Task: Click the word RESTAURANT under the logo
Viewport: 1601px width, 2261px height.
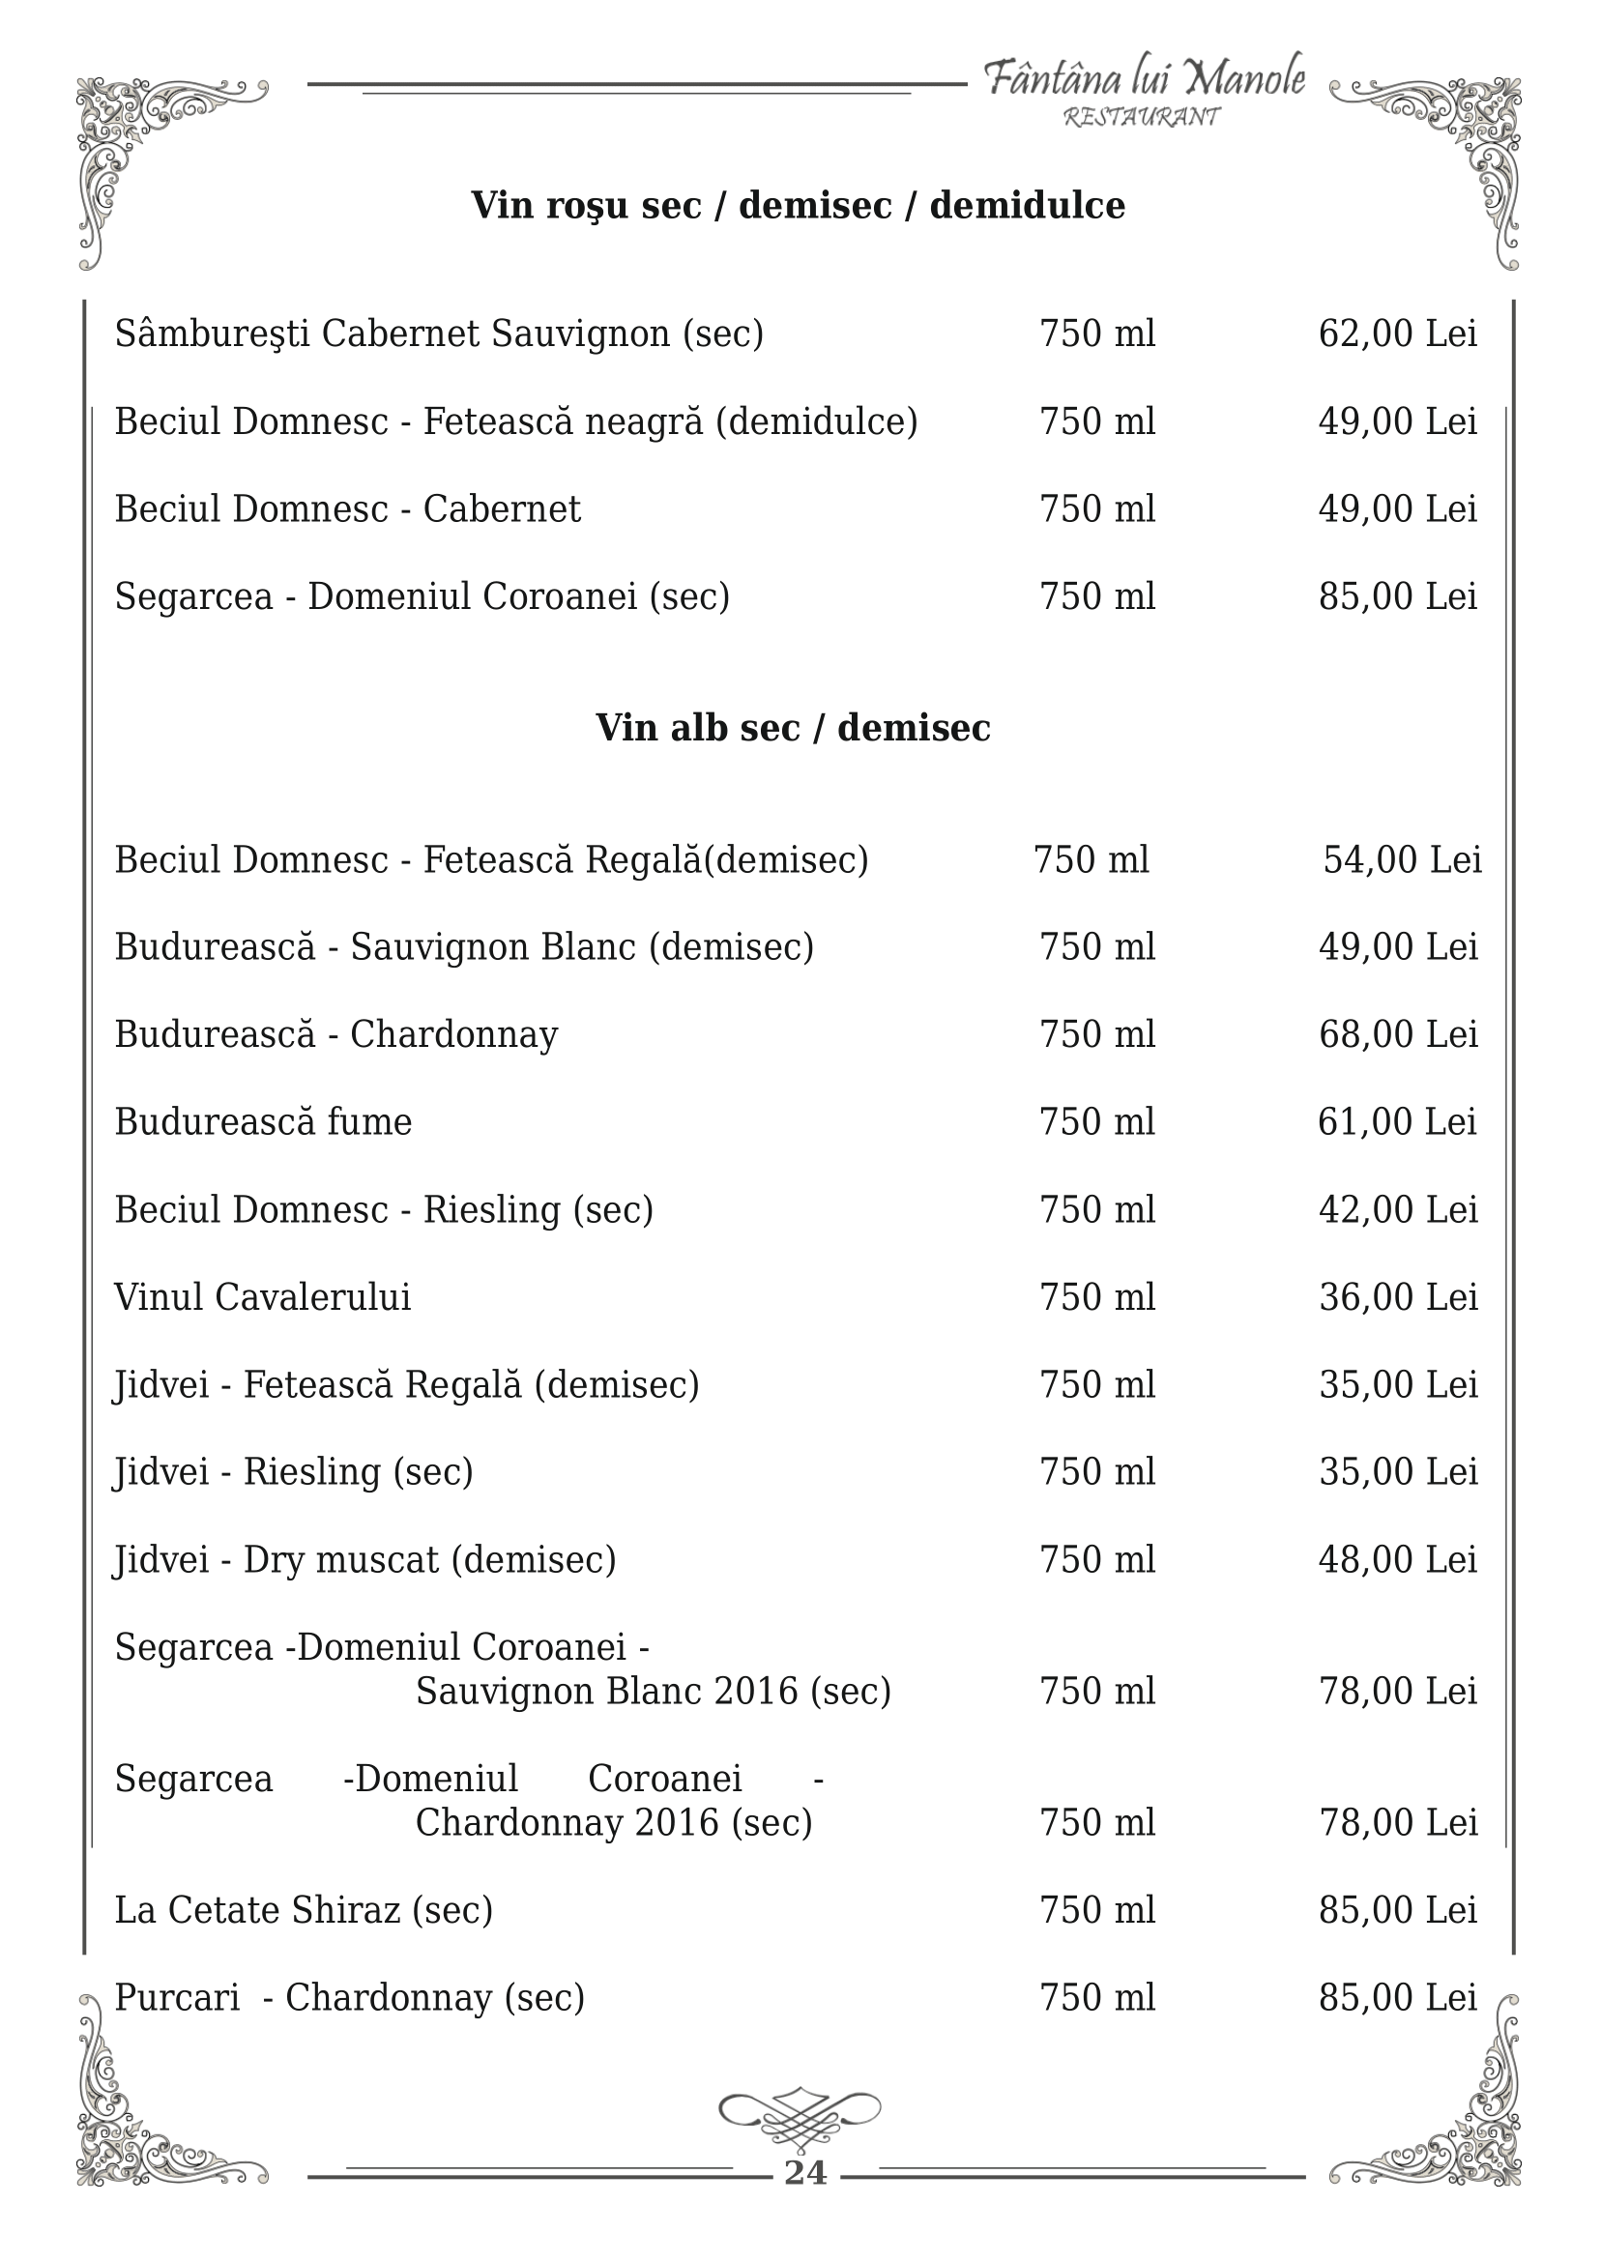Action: pos(1142,117)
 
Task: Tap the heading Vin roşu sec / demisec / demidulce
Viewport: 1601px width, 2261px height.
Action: pos(798,206)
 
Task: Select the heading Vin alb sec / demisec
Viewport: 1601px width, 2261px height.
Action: pos(793,728)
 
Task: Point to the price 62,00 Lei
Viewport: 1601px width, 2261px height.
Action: pos(1397,334)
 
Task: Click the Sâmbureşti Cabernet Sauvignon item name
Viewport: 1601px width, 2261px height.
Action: pos(439,334)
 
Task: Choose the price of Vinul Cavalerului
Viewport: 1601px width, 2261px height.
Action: pos(1398,1297)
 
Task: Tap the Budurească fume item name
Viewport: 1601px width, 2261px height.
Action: pos(263,1121)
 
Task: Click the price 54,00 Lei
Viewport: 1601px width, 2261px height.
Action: pos(1402,859)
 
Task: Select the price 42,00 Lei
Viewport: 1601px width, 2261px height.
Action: pos(1398,1209)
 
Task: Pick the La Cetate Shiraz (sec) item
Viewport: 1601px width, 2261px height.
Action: pos(304,1910)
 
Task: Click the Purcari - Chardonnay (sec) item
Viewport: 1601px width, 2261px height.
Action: pos(349,1998)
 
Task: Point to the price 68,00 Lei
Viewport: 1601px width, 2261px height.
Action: pos(1398,1034)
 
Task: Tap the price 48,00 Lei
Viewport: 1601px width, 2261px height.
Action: pos(1398,1559)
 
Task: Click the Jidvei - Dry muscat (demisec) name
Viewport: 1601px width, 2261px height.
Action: pos(364,1559)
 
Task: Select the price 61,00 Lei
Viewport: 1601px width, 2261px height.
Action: pos(1397,1121)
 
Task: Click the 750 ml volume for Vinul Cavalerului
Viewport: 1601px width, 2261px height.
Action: pos(1097,1297)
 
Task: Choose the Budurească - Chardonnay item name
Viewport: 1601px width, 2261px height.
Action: pos(336,1034)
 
